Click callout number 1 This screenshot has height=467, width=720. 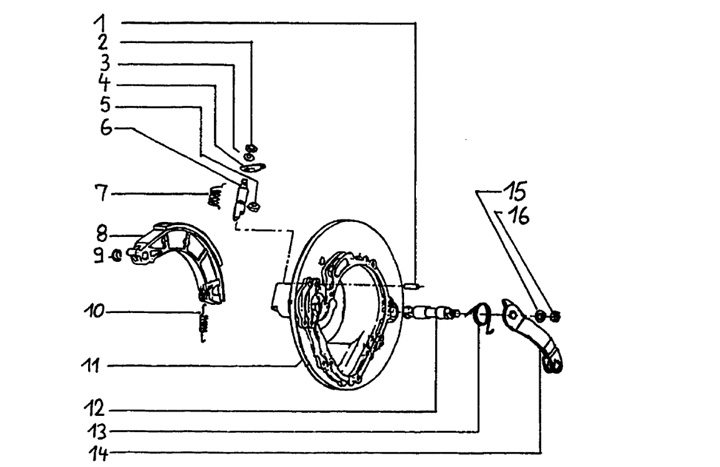pyautogui.click(x=100, y=21)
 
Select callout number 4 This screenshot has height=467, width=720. pyautogui.click(x=103, y=82)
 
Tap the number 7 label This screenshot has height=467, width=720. pyautogui.click(x=100, y=191)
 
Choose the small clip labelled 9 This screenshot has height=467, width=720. pyautogui.click(x=118, y=256)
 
